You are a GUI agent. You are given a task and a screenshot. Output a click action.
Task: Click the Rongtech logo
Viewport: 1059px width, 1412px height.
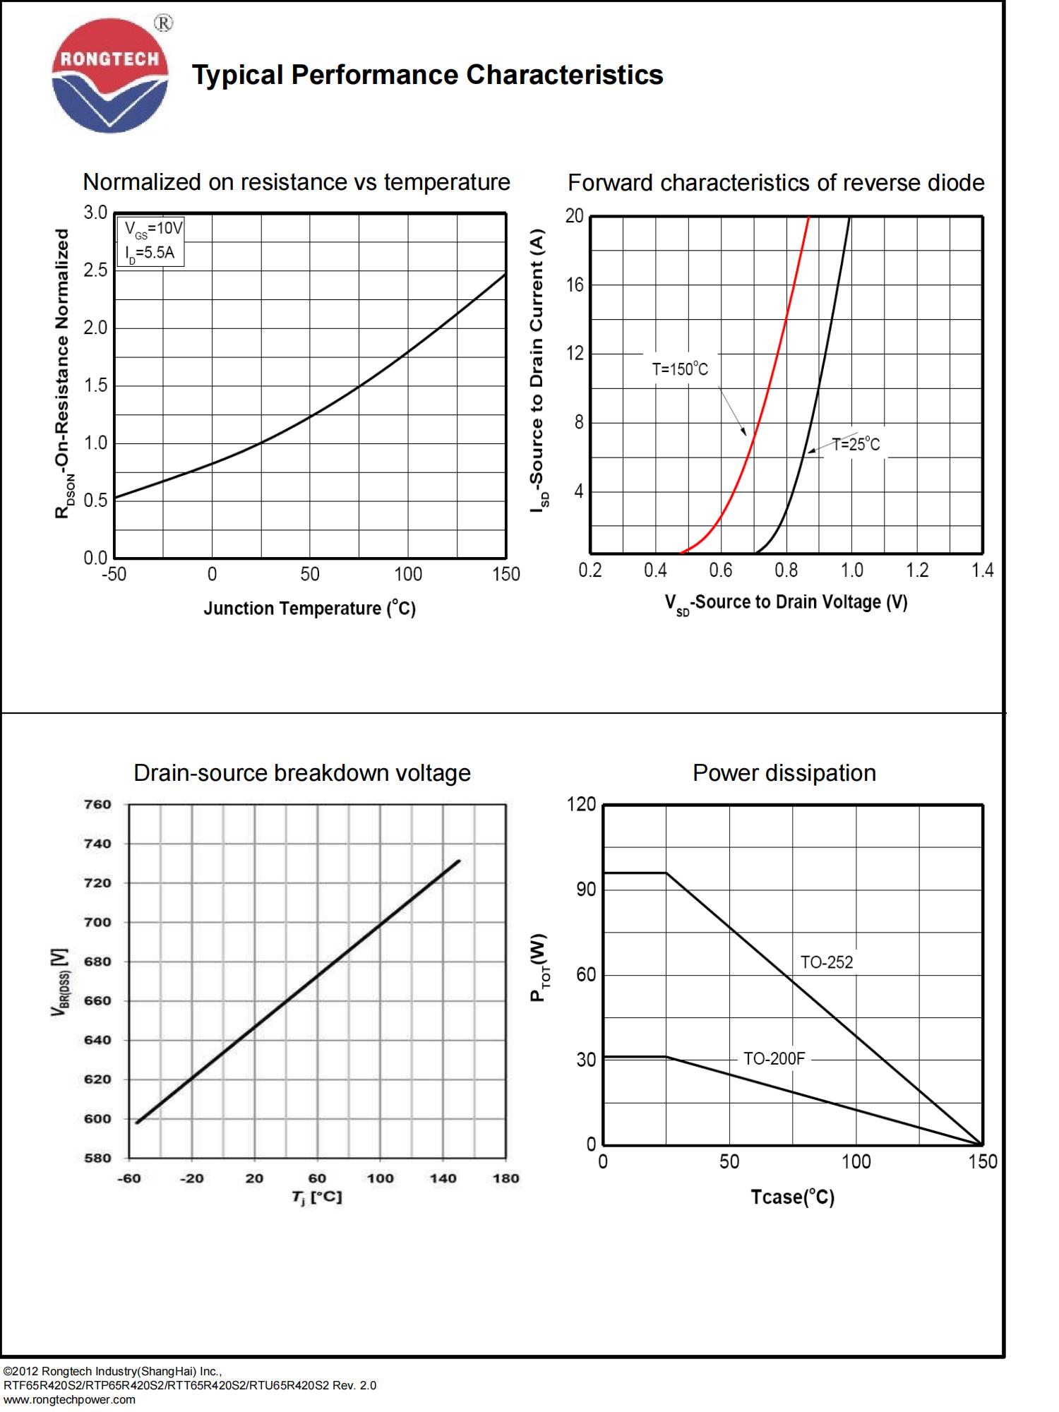(x=110, y=76)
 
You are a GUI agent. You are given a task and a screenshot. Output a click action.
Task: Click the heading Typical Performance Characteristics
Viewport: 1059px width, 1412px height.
(x=427, y=75)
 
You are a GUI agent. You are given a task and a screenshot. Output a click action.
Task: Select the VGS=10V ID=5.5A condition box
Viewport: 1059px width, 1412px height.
(x=150, y=241)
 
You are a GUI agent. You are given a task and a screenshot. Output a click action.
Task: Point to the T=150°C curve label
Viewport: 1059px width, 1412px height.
(x=679, y=369)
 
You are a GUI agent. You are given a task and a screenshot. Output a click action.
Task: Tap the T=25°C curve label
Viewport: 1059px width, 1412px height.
(x=856, y=445)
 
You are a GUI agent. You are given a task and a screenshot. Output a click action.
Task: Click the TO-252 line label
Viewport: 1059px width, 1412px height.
(x=826, y=962)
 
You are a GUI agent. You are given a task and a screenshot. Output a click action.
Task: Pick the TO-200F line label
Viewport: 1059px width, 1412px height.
(x=774, y=1059)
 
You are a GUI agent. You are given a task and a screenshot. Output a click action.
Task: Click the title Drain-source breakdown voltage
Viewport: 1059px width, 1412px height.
(x=301, y=773)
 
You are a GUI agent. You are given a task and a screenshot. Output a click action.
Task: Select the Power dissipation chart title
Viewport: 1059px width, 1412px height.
(x=784, y=773)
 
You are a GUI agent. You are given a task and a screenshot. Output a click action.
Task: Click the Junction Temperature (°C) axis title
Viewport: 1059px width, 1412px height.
(x=309, y=609)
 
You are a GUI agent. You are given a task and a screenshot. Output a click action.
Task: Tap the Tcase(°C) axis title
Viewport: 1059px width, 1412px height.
(x=792, y=1197)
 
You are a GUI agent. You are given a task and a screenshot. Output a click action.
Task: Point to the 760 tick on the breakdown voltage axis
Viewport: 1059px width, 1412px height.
(x=98, y=805)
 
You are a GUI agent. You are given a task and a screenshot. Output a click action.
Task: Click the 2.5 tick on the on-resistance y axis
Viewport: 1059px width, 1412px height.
(x=95, y=270)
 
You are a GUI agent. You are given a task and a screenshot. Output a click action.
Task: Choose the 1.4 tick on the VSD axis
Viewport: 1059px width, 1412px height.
(x=982, y=570)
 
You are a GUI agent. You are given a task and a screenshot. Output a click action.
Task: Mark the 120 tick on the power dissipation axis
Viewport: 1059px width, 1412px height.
(x=581, y=805)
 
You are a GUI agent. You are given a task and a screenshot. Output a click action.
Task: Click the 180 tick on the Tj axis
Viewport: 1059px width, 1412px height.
(x=505, y=1178)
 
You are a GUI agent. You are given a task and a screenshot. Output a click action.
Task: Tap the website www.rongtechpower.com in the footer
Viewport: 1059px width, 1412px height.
(x=69, y=1400)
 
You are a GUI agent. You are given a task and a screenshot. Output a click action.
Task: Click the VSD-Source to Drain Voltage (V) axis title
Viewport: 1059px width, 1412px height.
(x=785, y=603)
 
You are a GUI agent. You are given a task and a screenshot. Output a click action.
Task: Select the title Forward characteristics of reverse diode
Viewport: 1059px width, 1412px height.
(x=775, y=183)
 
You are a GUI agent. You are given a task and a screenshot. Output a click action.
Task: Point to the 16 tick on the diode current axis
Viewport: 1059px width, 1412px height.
(x=575, y=285)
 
